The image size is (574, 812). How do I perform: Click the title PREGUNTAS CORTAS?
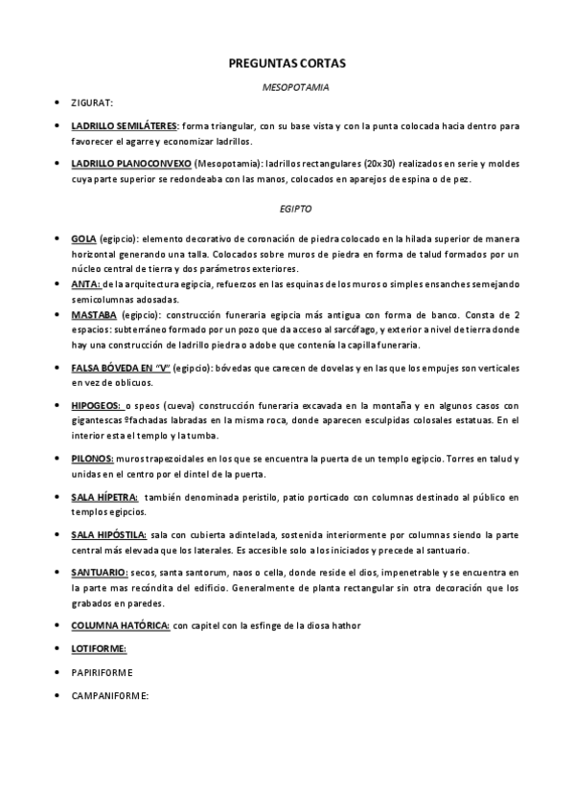pyautogui.click(x=287, y=63)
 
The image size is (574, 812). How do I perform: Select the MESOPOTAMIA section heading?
pyautogui.click(x=296, y=87)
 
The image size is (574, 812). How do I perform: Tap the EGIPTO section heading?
pyautogui.click(x=296, y=207)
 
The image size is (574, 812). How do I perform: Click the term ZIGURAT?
pyautogui.click(x=92, y=102)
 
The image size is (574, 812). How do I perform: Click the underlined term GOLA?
pyautogui.click(x=83, y=238)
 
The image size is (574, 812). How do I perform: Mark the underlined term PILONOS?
pyautogui.click(x=92, y=459)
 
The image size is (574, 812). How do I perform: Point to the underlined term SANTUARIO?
pyautogui.click(x=99, y=572)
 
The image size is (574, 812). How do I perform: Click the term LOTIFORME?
pyautogui.click(x=99, y=648)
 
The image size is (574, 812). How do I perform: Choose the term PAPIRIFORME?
pyautogui.click(x=103, y=672)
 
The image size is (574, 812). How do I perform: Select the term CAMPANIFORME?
pyautogui.click(x=109, y=695)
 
